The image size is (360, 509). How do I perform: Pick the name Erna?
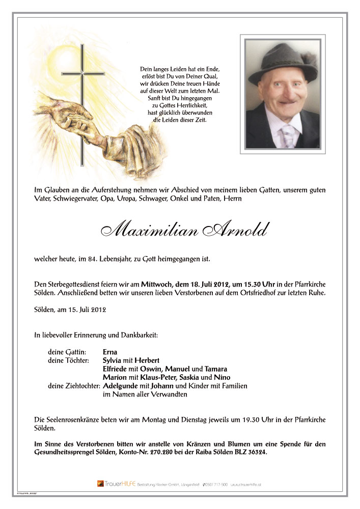point(109,352)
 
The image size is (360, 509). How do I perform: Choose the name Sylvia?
point(112,360)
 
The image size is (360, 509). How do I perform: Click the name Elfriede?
point(116,369)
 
